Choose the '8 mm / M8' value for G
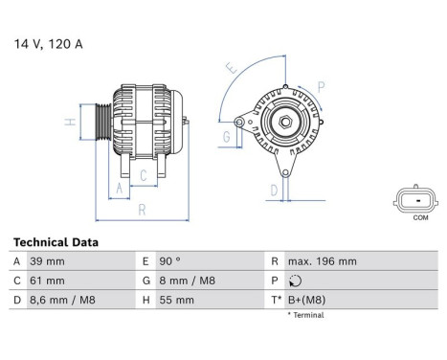(x=188, y=281)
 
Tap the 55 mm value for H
(x=178, y=300)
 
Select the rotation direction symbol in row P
(x=294, y=281)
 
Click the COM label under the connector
(x=419, y=217)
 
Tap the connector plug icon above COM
(x=418, y=199)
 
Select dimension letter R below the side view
(x=141, y=209)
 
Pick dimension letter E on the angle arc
(x=230, y=68)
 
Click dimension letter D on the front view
(x=273, y=190)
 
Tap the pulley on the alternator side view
(x=102, y=124)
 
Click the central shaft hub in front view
(x=284, y=123)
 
